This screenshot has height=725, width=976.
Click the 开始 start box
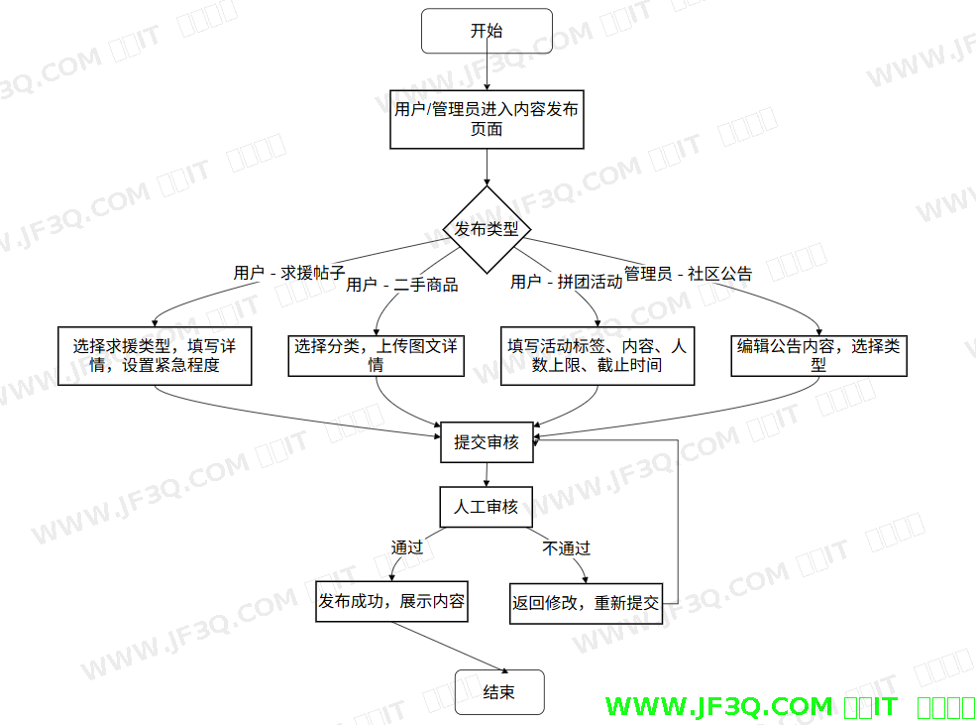click(x=487, y=31)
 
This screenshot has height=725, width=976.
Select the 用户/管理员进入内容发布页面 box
click(x=487, y=119)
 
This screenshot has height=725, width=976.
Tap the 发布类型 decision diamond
click(x=487, y=229)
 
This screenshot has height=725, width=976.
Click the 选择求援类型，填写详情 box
click(x=154, y=356)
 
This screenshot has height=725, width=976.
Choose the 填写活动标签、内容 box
click(x=596, y=356)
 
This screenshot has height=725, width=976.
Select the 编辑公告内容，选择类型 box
click(x=818, y=355)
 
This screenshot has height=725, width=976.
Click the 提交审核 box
click(x=487, y=442)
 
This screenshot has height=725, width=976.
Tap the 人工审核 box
click(x=487, y=506)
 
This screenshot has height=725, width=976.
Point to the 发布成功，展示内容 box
click(x=391, y=601)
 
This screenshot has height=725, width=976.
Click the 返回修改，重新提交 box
click(x=586, y=602)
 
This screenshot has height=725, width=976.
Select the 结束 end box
click(x=499, y=691)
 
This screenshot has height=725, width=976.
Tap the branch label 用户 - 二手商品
click(x=401, y=285)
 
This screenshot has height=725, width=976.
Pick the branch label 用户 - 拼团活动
click(x=566, y=282)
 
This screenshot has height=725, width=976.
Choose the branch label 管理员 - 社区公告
click(x=688, y=274)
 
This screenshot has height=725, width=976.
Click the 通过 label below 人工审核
click(x=406, y=547)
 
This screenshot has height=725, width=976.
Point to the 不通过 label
click(x=566, y=547)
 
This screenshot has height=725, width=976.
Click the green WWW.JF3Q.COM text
click(x=718, y=706)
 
